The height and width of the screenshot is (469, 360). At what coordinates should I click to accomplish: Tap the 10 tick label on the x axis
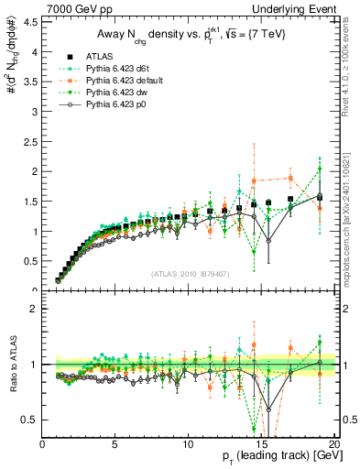[188, 445]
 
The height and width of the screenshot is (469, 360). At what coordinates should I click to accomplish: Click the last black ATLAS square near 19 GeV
[320, 196]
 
